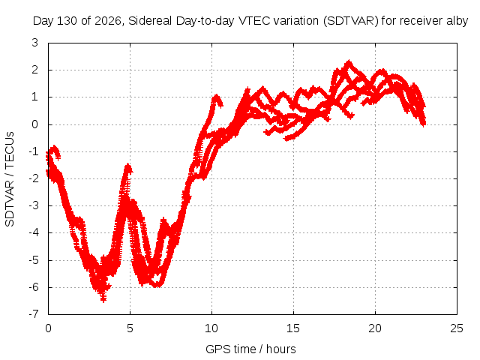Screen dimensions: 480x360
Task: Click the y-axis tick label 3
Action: point(35,43)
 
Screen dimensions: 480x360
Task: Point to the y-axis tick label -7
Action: point(33,314)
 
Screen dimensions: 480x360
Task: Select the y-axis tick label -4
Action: point(33,232)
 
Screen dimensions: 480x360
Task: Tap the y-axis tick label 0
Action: point(35,124)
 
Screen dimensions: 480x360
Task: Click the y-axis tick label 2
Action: point(35,70)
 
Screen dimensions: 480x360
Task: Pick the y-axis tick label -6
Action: point(33,287)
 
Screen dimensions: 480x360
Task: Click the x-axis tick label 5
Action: point(130,328)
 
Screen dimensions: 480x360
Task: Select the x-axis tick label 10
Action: point(211,328)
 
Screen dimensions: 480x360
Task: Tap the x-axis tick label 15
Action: point(293,328)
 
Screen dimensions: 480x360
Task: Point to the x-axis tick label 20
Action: point(375,328)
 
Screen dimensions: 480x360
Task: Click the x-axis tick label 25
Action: point(457,328)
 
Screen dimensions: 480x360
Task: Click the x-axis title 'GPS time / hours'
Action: point(250,349)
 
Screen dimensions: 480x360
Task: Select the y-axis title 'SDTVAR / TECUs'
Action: point(10,179)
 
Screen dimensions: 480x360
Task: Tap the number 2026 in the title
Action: point(108,21)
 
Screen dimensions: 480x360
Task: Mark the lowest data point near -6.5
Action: point(103,300)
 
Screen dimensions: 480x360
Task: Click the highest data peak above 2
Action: point(348,62)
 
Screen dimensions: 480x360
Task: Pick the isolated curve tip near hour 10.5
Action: point(220,104)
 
